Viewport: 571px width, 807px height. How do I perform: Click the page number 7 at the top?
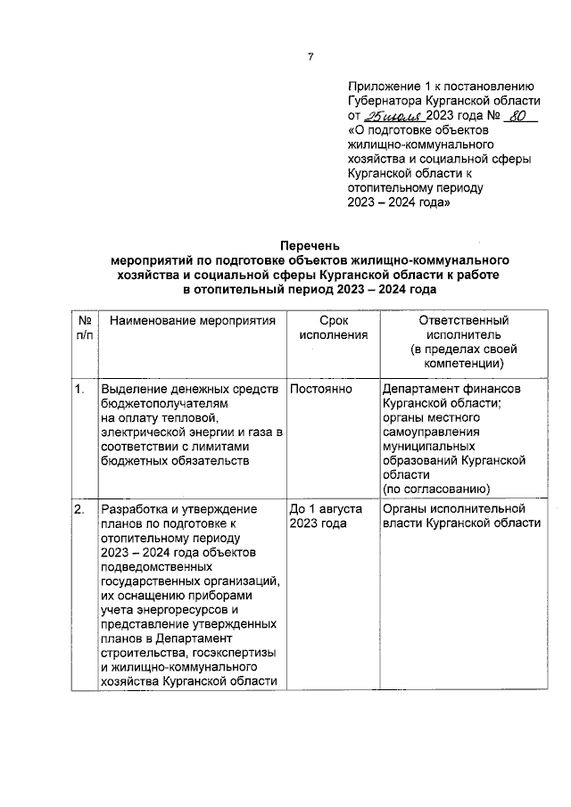click(310, 58)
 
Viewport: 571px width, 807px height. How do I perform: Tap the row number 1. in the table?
click(79, 389)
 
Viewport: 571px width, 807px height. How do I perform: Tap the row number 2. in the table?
click(79, 509)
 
